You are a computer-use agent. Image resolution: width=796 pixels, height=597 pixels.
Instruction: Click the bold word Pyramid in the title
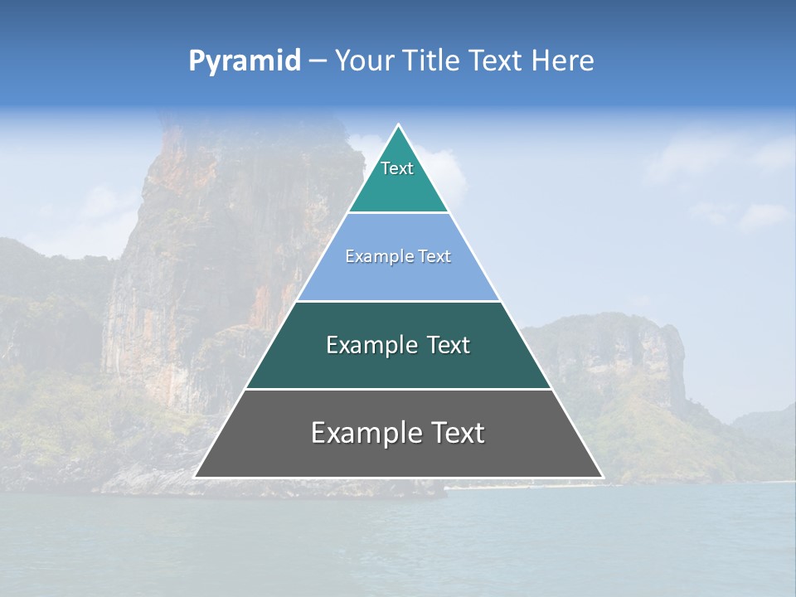pyautogui.click(x=244, y=61)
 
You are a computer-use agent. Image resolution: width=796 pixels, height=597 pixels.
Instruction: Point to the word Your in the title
pyautogui.click(x=364, y=61)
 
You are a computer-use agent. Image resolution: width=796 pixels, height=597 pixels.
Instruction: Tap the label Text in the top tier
pyautogui.click(x=397, y=168)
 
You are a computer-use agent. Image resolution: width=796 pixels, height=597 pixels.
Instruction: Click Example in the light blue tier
pyautogui.click(x=375, y=257)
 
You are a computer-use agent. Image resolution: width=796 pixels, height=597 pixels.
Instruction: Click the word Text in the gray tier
pyautogui.click(x=455, y=433)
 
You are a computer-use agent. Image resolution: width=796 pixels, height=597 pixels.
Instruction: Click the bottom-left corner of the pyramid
pyautogui.click(x=196, y=477)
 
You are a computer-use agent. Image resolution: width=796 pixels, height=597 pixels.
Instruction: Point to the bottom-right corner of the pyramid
pyautogui.click(x=602, y=477)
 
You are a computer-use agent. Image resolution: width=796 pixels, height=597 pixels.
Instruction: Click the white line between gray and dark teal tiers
pyautogui.click(x=398, y=389)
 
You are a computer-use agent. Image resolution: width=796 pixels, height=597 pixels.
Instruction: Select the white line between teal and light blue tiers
pyautogui.click(x=398, y=213)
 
